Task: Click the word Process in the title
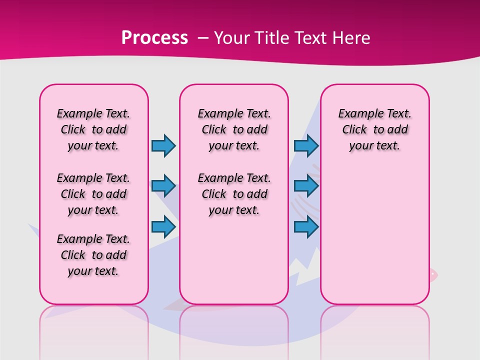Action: tap(154, 38)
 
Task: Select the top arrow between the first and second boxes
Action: tap(163, 145)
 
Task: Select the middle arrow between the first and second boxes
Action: tap(163, 186)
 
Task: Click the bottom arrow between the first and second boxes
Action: tap(163, 226)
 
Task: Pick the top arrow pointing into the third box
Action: tap(306, 145)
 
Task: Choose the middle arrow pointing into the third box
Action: tap(306, 186)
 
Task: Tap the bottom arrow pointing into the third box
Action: tap(306, 226)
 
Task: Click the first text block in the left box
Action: tap(93, 129)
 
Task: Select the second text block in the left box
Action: tap(93, 194)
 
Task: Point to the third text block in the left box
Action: tap(93, 255)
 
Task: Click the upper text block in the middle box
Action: tap(234, 129)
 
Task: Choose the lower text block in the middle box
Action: tap(234, 194)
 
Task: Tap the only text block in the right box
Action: tap(374, 129)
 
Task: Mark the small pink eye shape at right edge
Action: tap(433, 274)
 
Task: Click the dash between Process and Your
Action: tap(202, 38)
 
